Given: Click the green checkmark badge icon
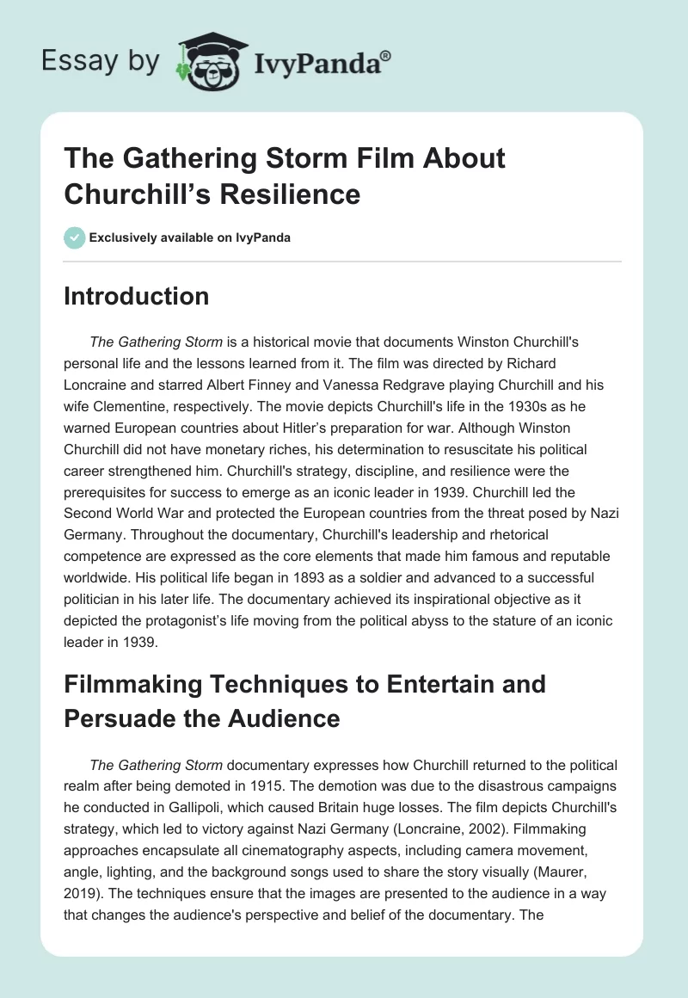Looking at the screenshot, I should click(74, 237).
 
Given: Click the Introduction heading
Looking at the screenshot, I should click(136, 296).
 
